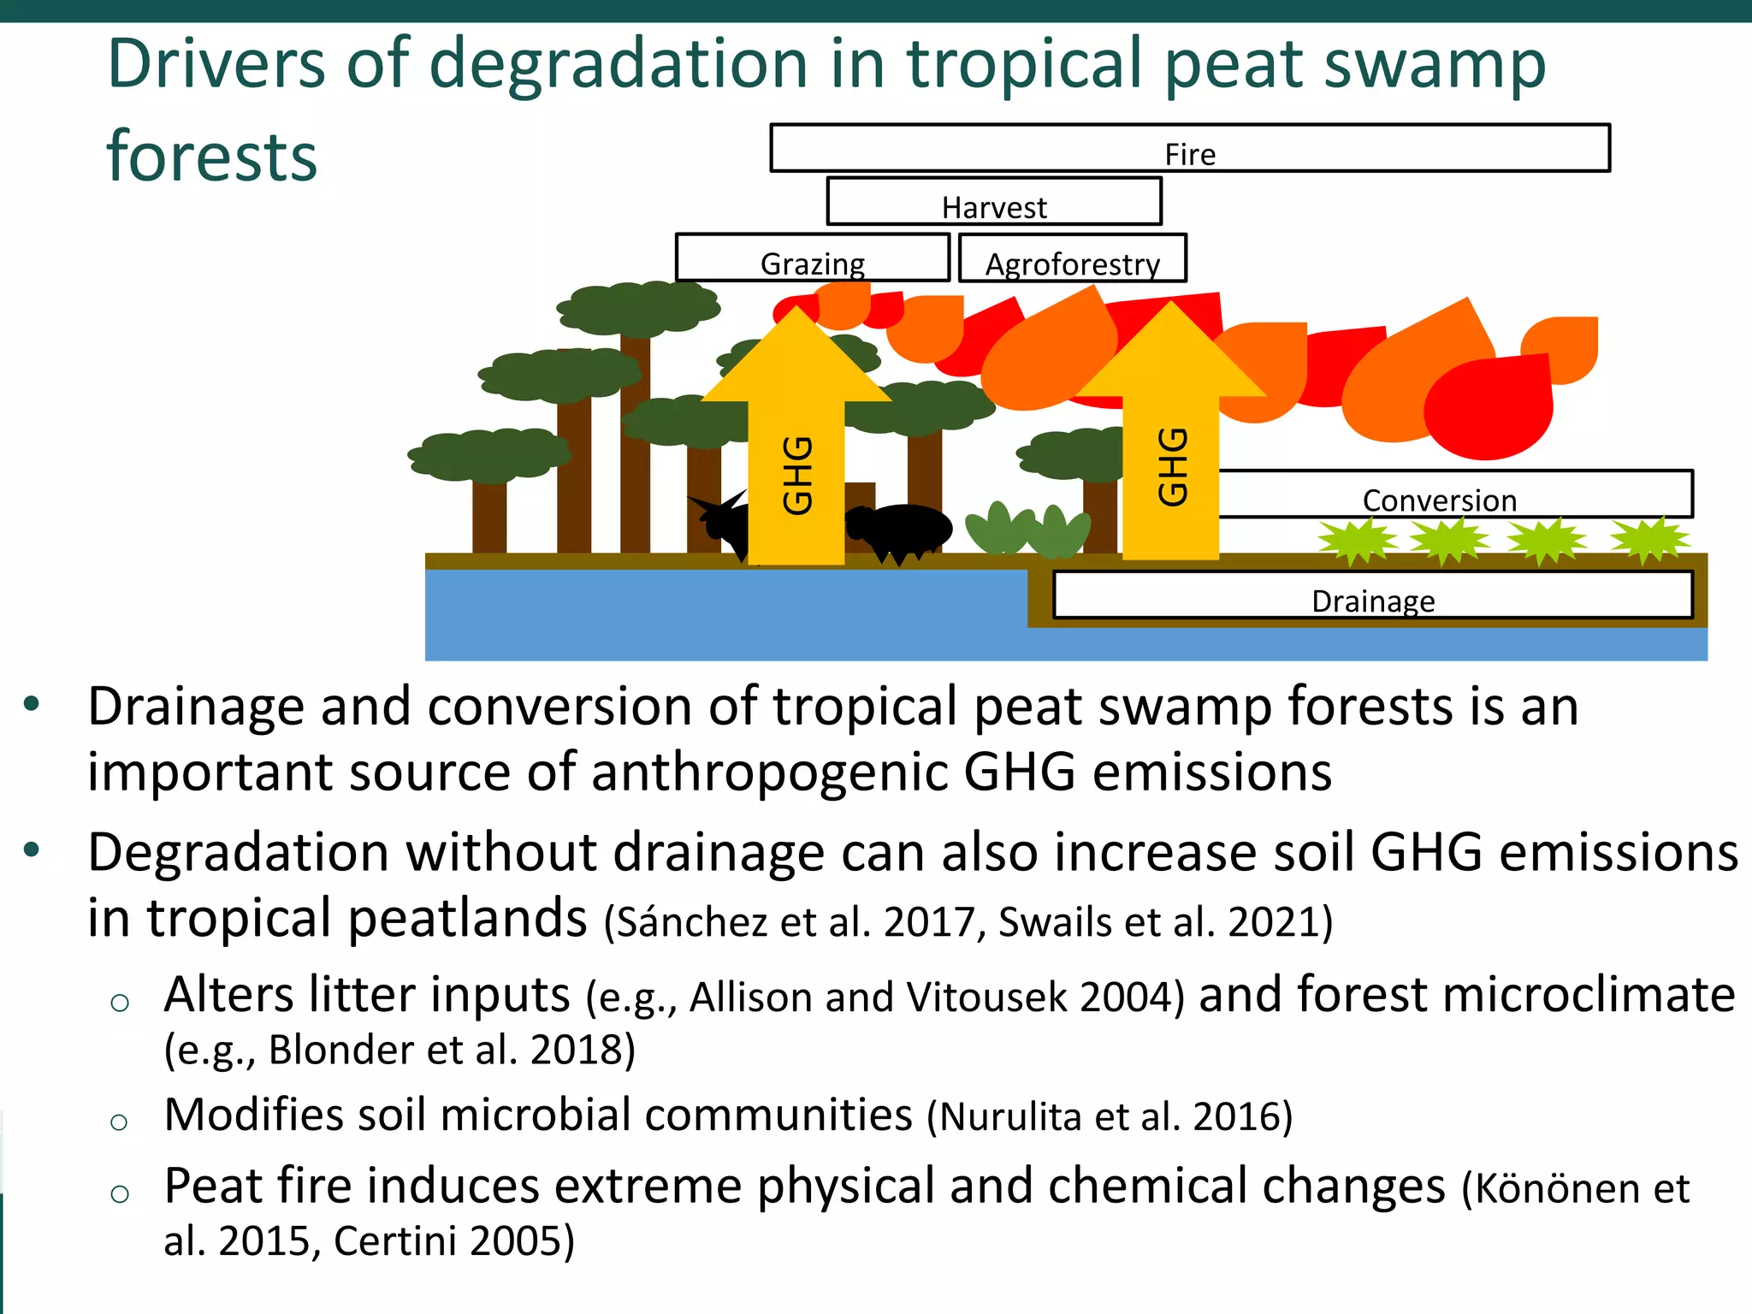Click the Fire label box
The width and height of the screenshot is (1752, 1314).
coord(1189,148)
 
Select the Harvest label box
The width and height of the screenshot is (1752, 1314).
coord(994,202)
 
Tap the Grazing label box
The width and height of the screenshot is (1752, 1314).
coord(813,257)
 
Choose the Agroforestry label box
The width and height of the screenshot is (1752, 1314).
coord(1073,258)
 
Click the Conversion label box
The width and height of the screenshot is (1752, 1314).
coord(1454,494)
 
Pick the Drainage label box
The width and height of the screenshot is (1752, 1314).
coord(1373,595)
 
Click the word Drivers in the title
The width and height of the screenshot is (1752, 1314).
coord(216,64)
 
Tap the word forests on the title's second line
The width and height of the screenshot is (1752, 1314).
coord(211,157)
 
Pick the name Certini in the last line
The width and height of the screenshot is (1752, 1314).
coord(394,1241)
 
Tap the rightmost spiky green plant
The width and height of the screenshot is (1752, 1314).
coord(1649,540)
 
